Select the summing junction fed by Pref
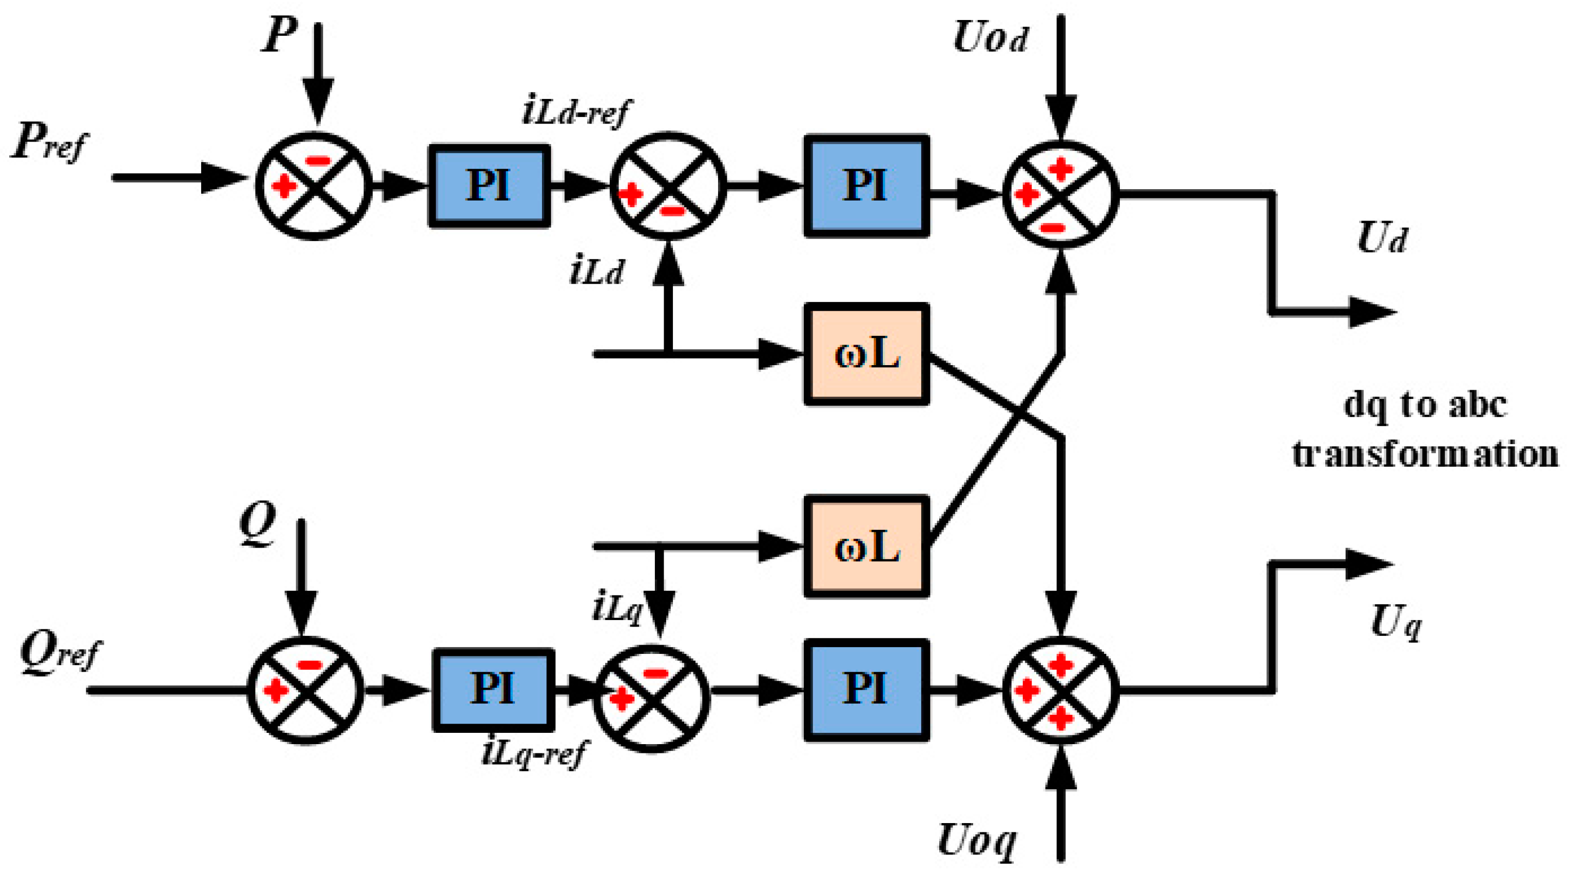point(314,185)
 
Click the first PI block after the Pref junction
point(489,186)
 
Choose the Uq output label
point(1396,623)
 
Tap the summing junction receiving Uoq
point(1061,690)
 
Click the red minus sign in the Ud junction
point(1053,228)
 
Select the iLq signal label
point(616,608)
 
